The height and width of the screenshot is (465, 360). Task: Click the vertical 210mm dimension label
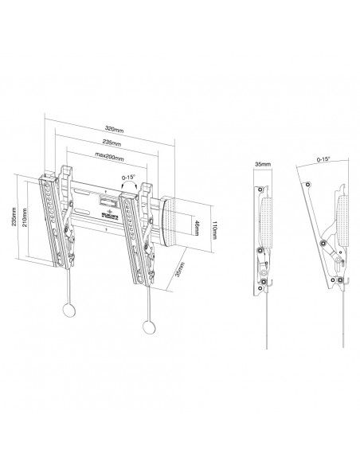point(25,221)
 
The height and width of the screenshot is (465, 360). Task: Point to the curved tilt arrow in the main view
point(131,185)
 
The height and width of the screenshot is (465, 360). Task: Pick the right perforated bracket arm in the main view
point(138,227)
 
